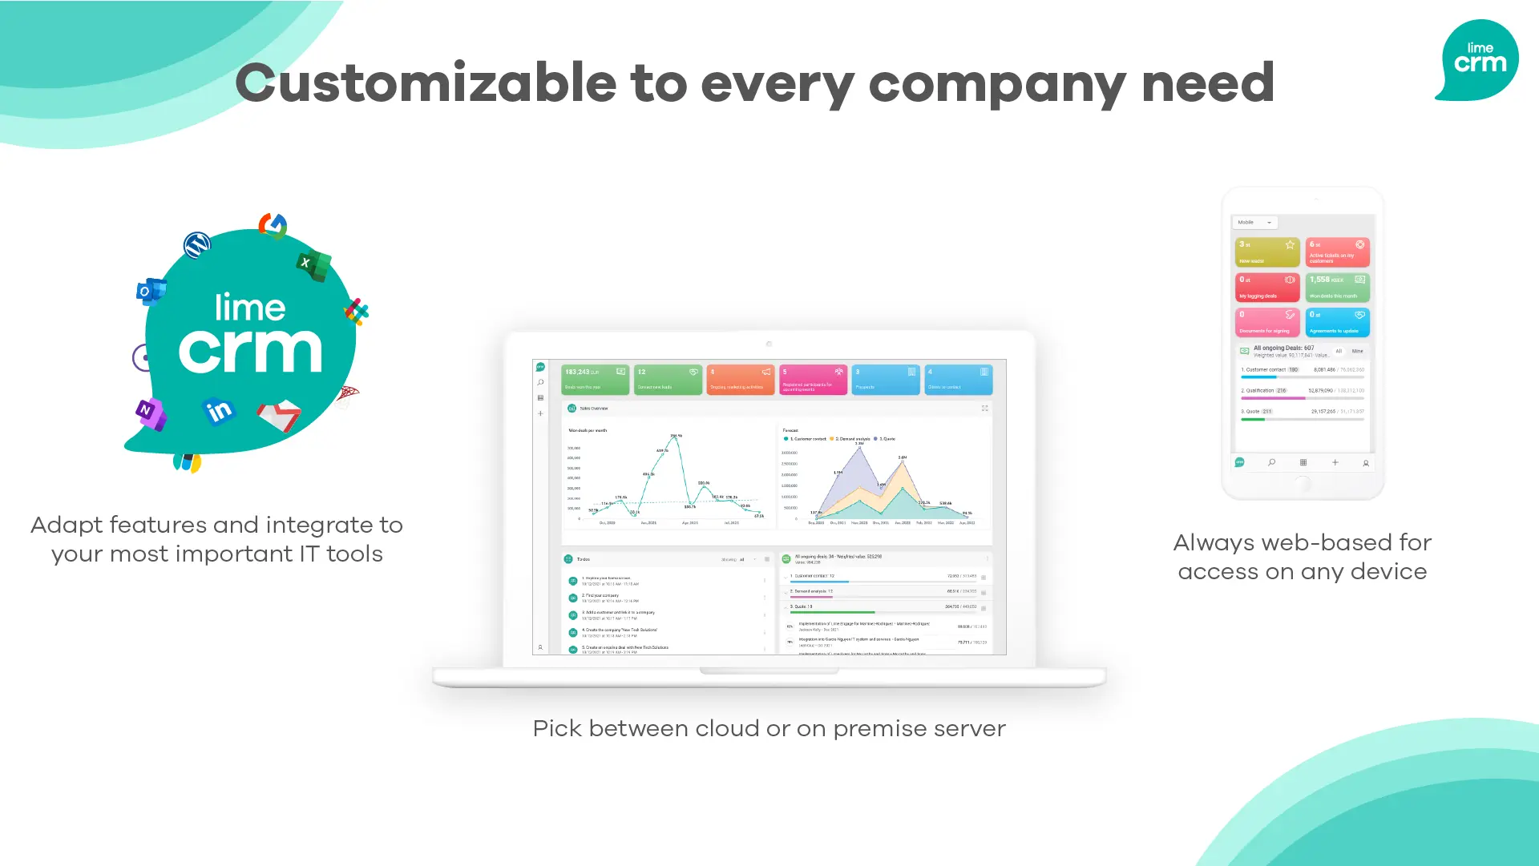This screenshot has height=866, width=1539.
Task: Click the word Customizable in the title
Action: click(x=426, y=83)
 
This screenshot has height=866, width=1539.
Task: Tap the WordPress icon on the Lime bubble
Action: click(x=197, y=244)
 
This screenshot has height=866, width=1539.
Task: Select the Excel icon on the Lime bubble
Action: click(x=313, y=264)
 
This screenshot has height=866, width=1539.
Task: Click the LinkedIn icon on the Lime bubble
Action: click(x=218, y=411)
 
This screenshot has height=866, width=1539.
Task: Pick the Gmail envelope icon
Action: click(x=279, y=416)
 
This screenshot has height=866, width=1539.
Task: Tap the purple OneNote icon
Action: click(x=150, y=413)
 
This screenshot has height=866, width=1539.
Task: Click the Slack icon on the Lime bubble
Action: click(x=356, y=311)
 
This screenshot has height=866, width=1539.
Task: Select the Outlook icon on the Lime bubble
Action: click(x=150, y=291)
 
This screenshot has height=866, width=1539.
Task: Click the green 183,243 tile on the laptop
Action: click(x=595, y=379)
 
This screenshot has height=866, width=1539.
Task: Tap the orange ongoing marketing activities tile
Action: click(x=740, y=379)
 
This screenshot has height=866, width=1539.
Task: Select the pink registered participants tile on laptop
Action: click(x=813, y=379)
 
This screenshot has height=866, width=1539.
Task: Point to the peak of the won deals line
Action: click(x=676, y=437)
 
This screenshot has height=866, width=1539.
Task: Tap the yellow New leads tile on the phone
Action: click(x=1266, y=252)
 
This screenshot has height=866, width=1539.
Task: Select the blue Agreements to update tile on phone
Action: click(x=1337, y=322)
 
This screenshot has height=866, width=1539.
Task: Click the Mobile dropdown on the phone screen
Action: click(x=1254, y=222)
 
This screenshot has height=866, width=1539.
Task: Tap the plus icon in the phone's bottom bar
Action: click(x=1335, y=462)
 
